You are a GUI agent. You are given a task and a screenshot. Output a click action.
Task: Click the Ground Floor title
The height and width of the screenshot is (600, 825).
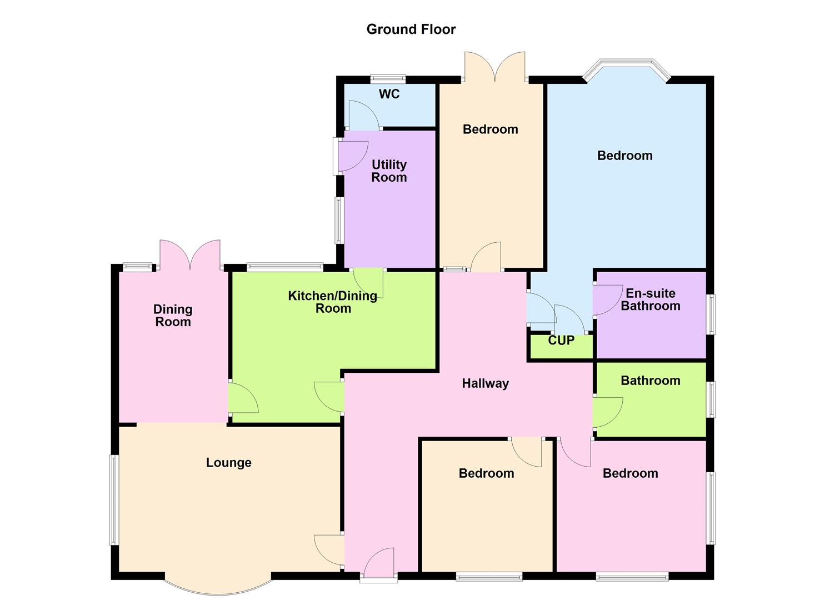click(x=411, y=29)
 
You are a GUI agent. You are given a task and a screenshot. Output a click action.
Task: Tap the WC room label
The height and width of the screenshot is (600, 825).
click(x=389, y=94)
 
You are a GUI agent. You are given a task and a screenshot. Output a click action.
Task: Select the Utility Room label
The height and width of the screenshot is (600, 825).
click(x=389, y=171)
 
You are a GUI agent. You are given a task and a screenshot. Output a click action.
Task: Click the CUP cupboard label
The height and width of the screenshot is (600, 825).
click(x=561, y=341)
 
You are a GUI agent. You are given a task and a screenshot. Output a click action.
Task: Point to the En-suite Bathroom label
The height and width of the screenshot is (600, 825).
click(x=650, y=299)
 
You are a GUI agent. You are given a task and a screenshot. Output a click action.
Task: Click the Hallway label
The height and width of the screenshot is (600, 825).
click(x=485, y=383)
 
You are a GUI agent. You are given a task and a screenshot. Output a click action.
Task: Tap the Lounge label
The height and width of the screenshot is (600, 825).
click(x=228, y=463)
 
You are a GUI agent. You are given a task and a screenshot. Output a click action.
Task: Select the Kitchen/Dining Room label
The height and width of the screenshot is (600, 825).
click(x=333, y=302)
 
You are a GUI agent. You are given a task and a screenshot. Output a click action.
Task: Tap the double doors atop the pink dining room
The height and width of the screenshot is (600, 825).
click(x=190, y=255)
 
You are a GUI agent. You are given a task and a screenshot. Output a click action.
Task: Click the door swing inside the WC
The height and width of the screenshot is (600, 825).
click(x=362, y=116)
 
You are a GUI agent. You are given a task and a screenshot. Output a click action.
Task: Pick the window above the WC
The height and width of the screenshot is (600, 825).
click(x=388, y=78)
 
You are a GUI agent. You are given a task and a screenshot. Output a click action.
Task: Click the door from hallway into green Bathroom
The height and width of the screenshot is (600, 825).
click(x=607, y=412)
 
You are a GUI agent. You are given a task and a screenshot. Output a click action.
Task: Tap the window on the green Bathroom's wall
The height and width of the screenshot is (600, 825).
click(x=711, y=399)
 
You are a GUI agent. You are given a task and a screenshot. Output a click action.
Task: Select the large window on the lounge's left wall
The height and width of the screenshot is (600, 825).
click(x=113, y=500)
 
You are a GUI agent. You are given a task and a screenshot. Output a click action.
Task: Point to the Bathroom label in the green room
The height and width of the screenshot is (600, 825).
click(x=650, y=381)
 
